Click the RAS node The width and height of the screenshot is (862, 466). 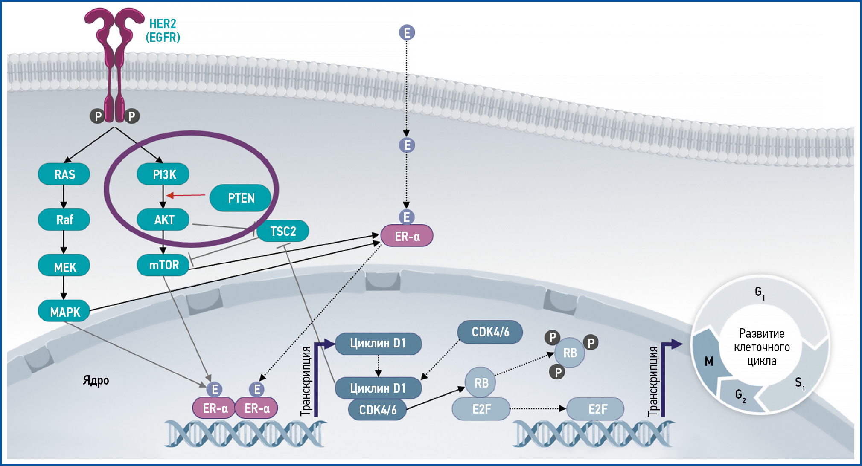[64, 174]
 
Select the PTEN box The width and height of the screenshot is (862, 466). [241, 198]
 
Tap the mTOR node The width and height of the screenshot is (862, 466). [163, 265]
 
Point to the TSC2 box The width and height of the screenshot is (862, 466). [282, 231]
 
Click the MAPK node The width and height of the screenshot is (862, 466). [64, 312]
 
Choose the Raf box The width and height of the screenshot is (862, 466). [64, 220]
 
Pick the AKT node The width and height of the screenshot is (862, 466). [163, 220]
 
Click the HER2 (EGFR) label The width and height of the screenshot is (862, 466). [163, 30]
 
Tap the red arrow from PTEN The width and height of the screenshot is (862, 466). [186, 195]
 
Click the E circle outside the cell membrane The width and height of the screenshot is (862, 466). [407, 32]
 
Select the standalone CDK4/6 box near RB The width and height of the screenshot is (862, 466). [490, 332]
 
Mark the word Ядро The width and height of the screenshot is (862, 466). [96, 380]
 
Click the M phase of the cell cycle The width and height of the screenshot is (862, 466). [709, 362]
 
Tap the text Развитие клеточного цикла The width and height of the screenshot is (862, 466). [762, 347]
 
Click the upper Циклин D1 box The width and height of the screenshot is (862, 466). [378, 344]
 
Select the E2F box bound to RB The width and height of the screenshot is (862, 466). [481, 409]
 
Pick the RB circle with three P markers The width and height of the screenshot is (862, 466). [570, 353]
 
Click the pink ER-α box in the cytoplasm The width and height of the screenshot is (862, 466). [407, 236]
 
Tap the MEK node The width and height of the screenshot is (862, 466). [64, 267]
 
